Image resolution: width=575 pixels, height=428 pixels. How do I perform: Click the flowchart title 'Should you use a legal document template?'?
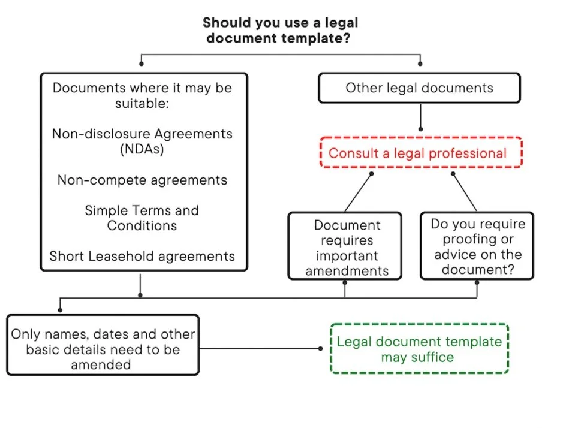pyautogui.click(x=280, y=31)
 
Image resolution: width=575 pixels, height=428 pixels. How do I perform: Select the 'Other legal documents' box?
pyautogui.click(x=419, y=88)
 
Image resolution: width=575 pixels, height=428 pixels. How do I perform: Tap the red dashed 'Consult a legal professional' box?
pyautogui.click(x=420, y=153)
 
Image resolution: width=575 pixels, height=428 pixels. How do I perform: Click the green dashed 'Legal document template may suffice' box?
pyautogui.click(x=419, y=349)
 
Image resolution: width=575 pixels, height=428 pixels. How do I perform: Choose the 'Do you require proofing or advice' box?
pyautogui.click(x=477, y=246)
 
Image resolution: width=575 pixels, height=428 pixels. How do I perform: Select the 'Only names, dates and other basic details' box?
pyautogui.click(x=103, y=349)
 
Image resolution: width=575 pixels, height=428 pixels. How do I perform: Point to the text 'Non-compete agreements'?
pyautogui.click(x=142, y=180)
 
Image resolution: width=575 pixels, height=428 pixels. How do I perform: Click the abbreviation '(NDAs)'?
pyautogui.click(x=142, y=149)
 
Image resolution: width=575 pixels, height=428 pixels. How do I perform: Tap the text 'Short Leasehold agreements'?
pyautogui.click(x=142, y=257)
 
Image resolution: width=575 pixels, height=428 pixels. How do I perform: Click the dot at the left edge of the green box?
pyautogui.click(x=320, y=349)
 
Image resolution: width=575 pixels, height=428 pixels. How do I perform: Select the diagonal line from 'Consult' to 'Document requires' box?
pyautogui.click(x=358, y=192)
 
